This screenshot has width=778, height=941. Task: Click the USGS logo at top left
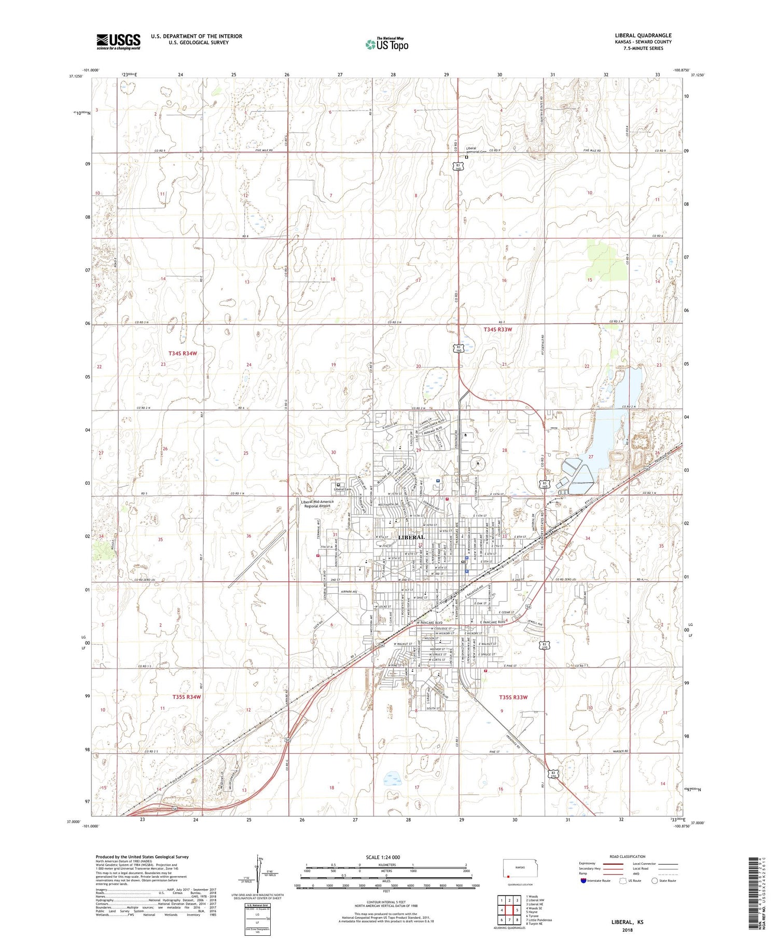point(118,42)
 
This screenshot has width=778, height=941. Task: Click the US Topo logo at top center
point(387,45)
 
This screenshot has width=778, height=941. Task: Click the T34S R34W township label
point(183,353)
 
